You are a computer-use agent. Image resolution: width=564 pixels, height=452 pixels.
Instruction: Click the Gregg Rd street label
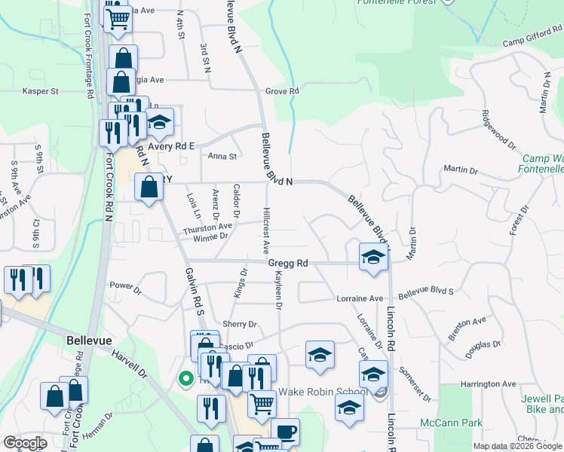[289, 264]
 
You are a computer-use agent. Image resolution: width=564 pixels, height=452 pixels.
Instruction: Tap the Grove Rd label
[283, 91]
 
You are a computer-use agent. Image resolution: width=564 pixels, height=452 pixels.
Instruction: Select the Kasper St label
[41, 91]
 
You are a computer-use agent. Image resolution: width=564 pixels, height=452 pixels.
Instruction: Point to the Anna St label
[222, 157]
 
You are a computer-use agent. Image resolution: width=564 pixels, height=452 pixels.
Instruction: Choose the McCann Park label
[451, 423]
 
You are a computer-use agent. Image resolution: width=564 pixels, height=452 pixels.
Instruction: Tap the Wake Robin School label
[323, 392]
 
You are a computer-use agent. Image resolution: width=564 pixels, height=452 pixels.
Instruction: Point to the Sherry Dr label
[240, 324]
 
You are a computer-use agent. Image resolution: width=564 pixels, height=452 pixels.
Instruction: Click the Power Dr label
[125, 286]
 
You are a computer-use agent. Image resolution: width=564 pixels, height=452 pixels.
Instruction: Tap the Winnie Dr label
[211, 237]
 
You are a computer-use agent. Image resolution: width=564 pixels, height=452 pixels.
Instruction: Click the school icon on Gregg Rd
[372, 257]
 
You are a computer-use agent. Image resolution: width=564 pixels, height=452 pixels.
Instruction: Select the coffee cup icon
[285, 432]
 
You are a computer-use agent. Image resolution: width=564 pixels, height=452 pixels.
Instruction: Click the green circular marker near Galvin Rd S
[185, 379]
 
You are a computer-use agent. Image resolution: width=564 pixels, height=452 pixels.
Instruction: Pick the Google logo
[25, 443]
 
